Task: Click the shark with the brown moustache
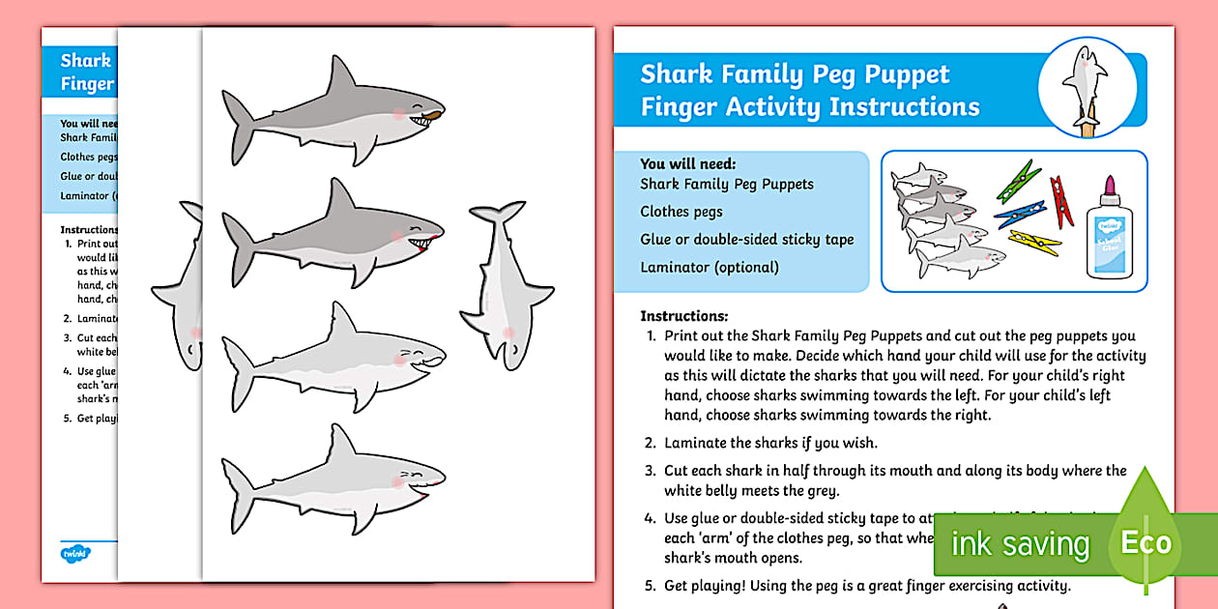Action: tap(329, 114)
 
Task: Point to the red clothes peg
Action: tap(1060, 200)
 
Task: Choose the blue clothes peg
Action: tap(1021, 214)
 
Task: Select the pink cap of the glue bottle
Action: tap(1109, 185)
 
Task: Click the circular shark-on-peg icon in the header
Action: tap(1087, 89)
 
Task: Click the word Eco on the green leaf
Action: tap(1146, 542)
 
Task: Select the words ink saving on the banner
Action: tap(1020, 544)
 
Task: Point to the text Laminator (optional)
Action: tap(710, 267)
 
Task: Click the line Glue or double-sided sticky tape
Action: tap(747, 239)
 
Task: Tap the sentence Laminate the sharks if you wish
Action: tap(770, 443)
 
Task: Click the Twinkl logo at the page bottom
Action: tap(75, 552)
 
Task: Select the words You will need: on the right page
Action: tap(687, 163)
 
